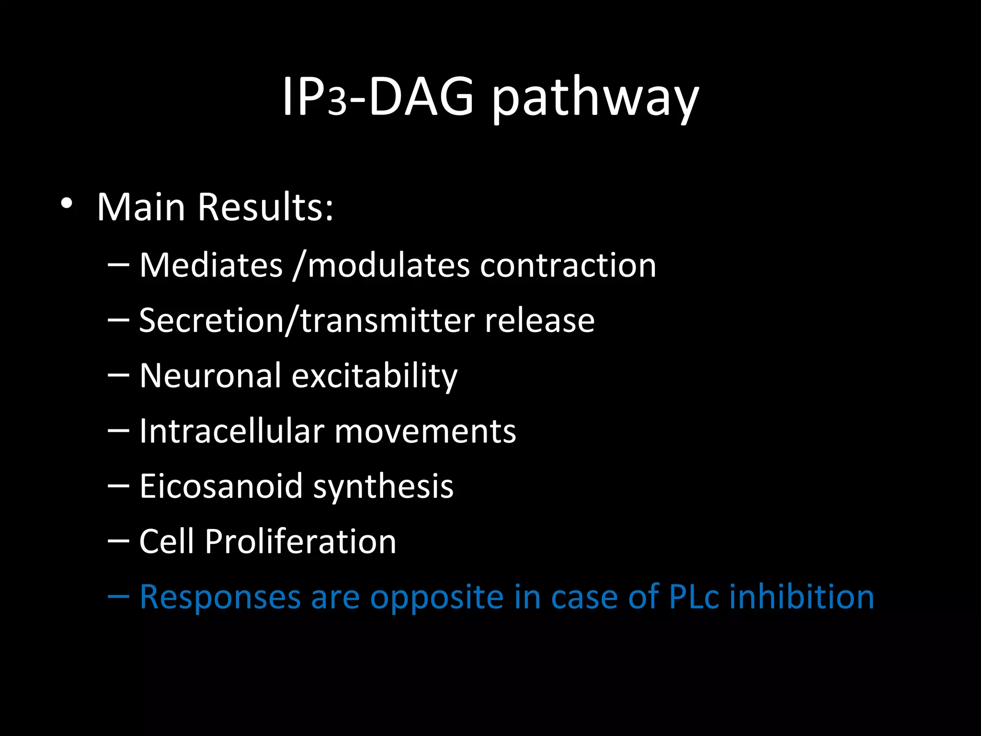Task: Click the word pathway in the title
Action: click(x=595, y=98)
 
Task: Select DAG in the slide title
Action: click(x=421, y=97)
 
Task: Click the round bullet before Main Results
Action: click(x=67, y=204)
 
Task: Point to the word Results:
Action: click(x=265, y=207)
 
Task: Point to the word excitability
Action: click(x=375, y=376)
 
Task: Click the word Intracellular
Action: click(x=232, y=431)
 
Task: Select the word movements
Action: click(x=425, y=431)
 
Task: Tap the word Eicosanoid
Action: click(x=221, y=486)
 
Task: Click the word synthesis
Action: click(x=383, y=487)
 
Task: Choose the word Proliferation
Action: click(x=301, y=541)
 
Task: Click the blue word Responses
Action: click(x=220, y=597)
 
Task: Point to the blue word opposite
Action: click(x=437, y=597)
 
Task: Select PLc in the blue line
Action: click(x=694, y=597)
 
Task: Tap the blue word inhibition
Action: click(x=802, y=597)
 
